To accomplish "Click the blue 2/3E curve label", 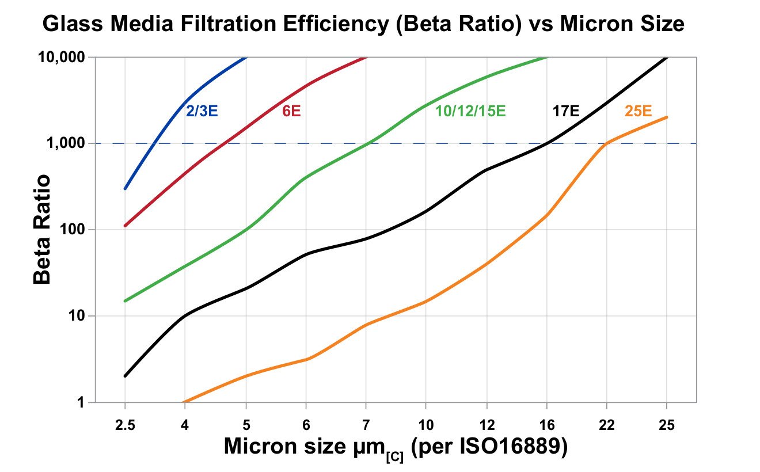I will point(202,111).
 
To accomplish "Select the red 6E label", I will point(291,111).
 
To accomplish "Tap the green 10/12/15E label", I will point(470,111).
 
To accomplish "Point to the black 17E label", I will point(566,111).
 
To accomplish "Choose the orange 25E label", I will point(638,111).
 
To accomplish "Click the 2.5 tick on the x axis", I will point(124,424).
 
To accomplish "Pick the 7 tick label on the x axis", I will point(366,424).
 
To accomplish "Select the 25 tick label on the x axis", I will point(667,424).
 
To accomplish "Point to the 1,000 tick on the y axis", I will point(67,143).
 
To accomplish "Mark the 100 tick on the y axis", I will point(73,230).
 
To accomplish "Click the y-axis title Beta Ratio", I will point(42,229).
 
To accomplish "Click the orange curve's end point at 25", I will point(667,117).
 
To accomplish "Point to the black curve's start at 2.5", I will point(125,376).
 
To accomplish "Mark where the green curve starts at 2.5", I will point(125,300).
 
